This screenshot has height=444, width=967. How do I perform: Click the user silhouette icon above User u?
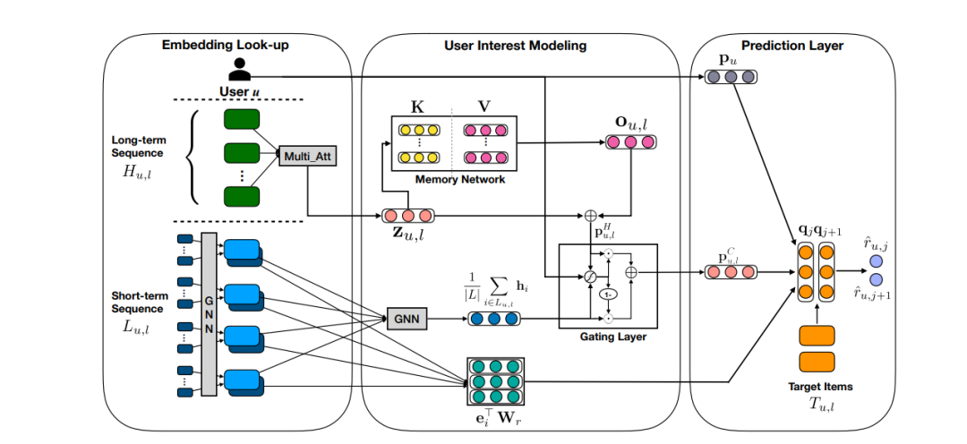tap(239, 70)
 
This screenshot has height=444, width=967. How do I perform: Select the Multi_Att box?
tap(307, 158)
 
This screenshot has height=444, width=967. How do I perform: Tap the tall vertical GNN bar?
tap(210, 313)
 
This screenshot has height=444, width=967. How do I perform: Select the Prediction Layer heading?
tap(791, 45)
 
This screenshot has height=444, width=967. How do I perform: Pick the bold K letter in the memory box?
tap(416, 107)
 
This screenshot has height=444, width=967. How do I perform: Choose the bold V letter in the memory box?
tap(483, 107)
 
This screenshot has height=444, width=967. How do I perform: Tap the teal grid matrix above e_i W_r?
tap(495, 380)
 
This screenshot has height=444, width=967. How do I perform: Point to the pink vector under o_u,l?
tap(631, 141)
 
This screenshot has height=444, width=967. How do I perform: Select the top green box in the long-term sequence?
tap(240, 119)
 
